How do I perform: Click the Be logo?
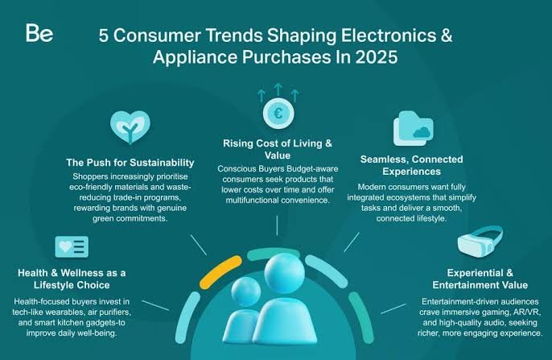click(39, 33)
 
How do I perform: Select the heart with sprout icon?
click(130, 127)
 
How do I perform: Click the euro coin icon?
click(278, 114)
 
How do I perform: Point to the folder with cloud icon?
click(413, 128)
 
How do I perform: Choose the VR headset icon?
click(480, 242)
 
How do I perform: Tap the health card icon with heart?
click(72, 246)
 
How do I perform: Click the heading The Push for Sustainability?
click(130, 163)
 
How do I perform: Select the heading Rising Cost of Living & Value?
click(278, 149)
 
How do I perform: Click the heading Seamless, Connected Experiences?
click(411, 165)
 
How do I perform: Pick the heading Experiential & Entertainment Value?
click(480, 279)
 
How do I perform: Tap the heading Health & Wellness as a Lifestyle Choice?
click(72, 279)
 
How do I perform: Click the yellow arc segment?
click(220, 271)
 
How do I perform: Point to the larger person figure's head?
click(285, 273)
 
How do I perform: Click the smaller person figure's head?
click(246, 292)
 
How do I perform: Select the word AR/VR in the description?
click(527, 312)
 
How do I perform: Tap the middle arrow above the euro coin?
click(278, 89)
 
